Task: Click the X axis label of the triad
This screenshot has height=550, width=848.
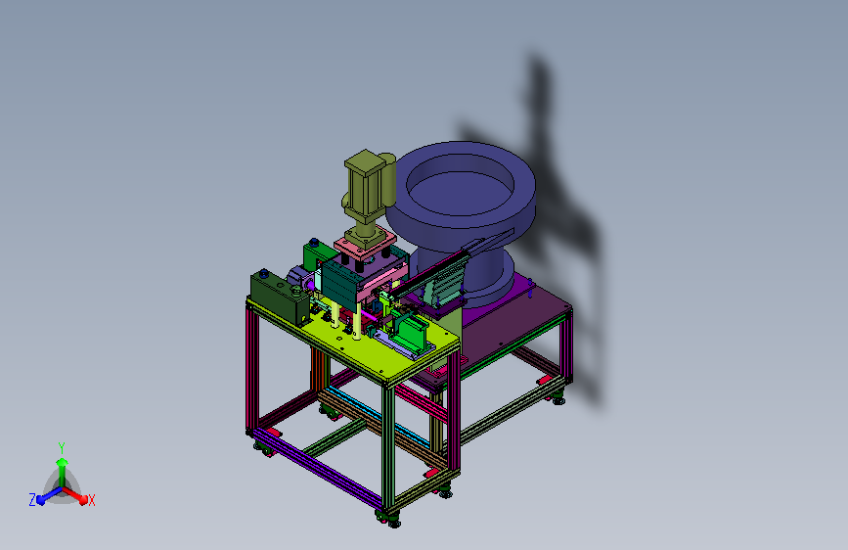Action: (x=91, y=500)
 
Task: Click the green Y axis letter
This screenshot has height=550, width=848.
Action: (x=62, y=448)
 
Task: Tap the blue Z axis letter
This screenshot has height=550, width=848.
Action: (x=32, y=500)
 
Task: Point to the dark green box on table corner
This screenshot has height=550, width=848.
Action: (x=280, y=297)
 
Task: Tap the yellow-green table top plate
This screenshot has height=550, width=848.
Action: (x=379, y=346)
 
